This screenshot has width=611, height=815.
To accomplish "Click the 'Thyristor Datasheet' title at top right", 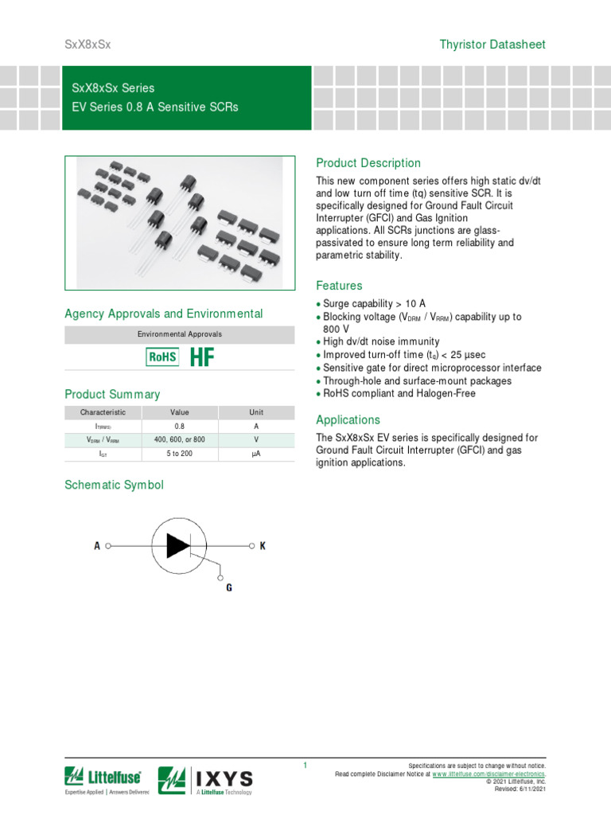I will pyautogui.click(x=492, y=45).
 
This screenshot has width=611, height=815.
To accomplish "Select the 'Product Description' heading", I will pyautogui.click(x=368, y=163).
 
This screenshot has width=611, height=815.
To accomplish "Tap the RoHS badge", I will pyautogui.click(x=162, y=357).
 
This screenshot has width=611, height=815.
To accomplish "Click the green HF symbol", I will pyautogui.click(x=202, y=357).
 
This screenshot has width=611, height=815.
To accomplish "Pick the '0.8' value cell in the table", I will pyautogui.click(x=179, y=427).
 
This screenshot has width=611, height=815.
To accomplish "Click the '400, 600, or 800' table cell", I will pyautogui.click(x=179, y=440).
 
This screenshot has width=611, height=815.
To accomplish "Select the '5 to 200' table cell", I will pyautogui.click(x=179, y=454).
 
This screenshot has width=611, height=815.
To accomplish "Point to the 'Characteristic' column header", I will pyautogui.click(x=103, y=412).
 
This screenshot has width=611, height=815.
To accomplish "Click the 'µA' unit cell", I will pyautogui.click(x=256, y=454).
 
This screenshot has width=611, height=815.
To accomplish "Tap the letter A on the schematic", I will pyautogui.click(x=97, y=546).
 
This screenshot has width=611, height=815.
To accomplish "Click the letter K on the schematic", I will pyautogui.click(x=263, y=546).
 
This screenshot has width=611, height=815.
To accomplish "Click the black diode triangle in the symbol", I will pyautogui.click(x=177, y=545).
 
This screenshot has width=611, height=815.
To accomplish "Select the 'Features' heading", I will pyautogui.click(x=339, y=286).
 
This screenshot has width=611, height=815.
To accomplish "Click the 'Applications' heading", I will pyautogui.click(x=348, y=419).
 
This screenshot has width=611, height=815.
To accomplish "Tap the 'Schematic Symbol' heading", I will pyautogui.click(x=114, y=485).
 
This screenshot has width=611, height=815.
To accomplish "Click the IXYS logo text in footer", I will pyautogui.click(x=224, y=778).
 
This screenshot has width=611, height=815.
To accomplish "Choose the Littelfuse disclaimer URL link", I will pyautogui.click(x=488, y=774).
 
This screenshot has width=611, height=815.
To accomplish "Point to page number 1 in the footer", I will pyautogui.click(x=305, y=766).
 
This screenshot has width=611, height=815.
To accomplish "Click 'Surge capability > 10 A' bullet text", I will pyautogui.click(x=374, y=304).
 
